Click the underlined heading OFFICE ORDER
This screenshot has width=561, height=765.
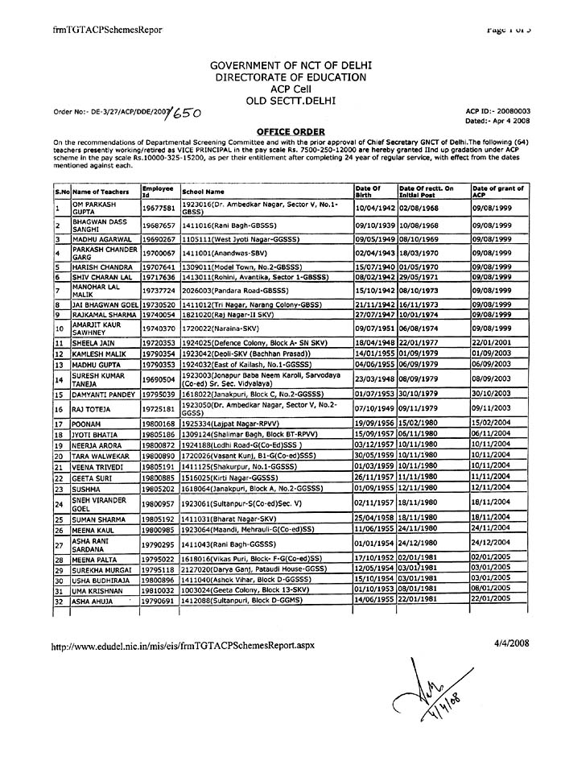(279, 130)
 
